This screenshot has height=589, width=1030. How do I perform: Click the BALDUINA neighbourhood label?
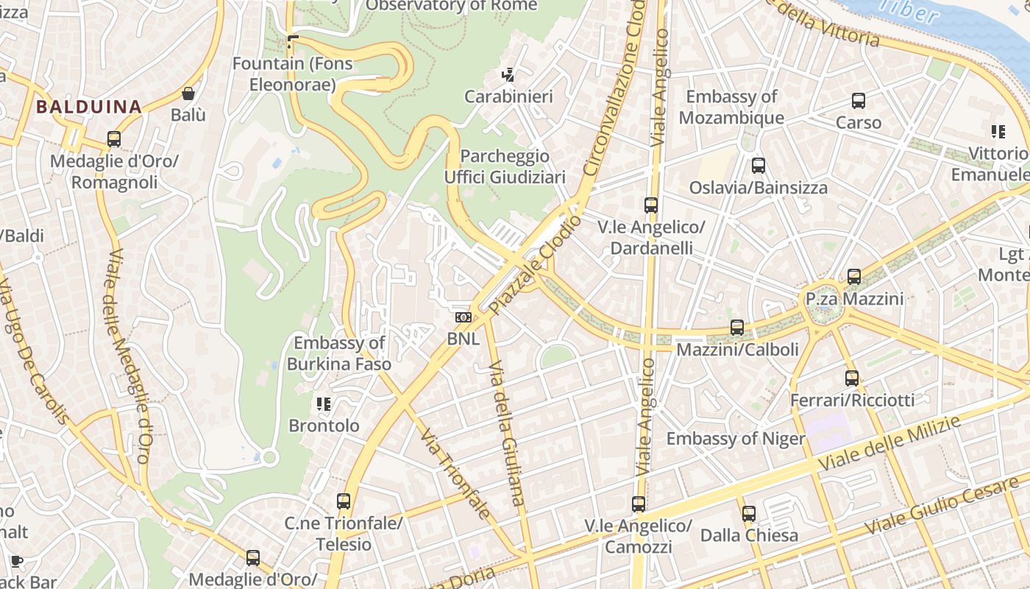[x=88, y=107]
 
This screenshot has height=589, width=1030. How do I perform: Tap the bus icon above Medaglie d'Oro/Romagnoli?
[x=114, y=139]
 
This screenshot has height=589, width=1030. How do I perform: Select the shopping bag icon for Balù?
[x=188, y=94]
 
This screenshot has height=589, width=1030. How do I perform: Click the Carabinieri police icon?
[x=508, y=74]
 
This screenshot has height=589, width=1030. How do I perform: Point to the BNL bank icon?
[x=463, y=317]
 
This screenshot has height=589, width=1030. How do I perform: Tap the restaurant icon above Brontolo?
[x=324, y=403]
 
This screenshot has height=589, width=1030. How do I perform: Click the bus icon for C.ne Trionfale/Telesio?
[x=343, y=501]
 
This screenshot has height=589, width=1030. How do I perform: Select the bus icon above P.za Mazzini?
[x=853, y=277]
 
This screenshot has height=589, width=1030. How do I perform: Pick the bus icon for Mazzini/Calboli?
[x=737, y=327]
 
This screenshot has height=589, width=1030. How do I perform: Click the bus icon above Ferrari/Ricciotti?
[x=851, y=378]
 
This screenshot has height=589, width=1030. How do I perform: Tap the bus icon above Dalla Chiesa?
[x=749, y=513]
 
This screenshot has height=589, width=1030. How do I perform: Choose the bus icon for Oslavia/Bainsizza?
[x=758, y=166]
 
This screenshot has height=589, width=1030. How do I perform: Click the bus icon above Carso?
[x=858, y=101]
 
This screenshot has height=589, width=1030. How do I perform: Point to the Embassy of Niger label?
[x=736, y=439]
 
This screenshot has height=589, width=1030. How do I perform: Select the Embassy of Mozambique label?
[x=731, y=107]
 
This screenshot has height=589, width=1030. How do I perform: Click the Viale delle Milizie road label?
[x=889, y=443]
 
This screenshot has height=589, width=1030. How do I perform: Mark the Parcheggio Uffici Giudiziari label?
[x=505, y=166]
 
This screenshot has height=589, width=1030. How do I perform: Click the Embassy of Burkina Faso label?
[x=339, y=353]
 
